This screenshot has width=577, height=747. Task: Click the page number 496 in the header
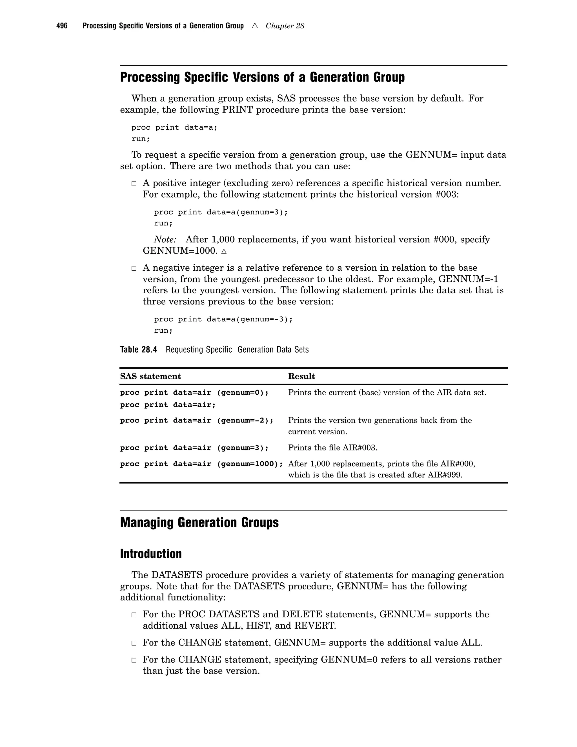[62, 26]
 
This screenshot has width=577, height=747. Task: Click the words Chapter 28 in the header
[285, 26]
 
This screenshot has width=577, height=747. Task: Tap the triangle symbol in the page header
[255, 26]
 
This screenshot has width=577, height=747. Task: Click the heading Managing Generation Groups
[199, 523]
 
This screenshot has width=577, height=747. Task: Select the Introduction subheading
[151, 554]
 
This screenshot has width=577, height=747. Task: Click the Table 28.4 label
[138, 350]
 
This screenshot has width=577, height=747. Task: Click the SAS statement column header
[150, 376]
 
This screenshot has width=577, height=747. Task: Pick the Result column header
[301, 376]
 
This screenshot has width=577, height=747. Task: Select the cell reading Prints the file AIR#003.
[333, 448]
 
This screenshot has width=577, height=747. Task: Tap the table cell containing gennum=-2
[197, 420]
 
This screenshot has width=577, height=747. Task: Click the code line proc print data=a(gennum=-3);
[223, 319]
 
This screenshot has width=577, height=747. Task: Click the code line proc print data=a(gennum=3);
[221, 212]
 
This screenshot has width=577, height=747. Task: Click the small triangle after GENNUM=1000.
[224, 251]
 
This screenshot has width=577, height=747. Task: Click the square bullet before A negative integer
[134, 268]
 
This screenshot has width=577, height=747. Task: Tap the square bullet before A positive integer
[134, 184]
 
